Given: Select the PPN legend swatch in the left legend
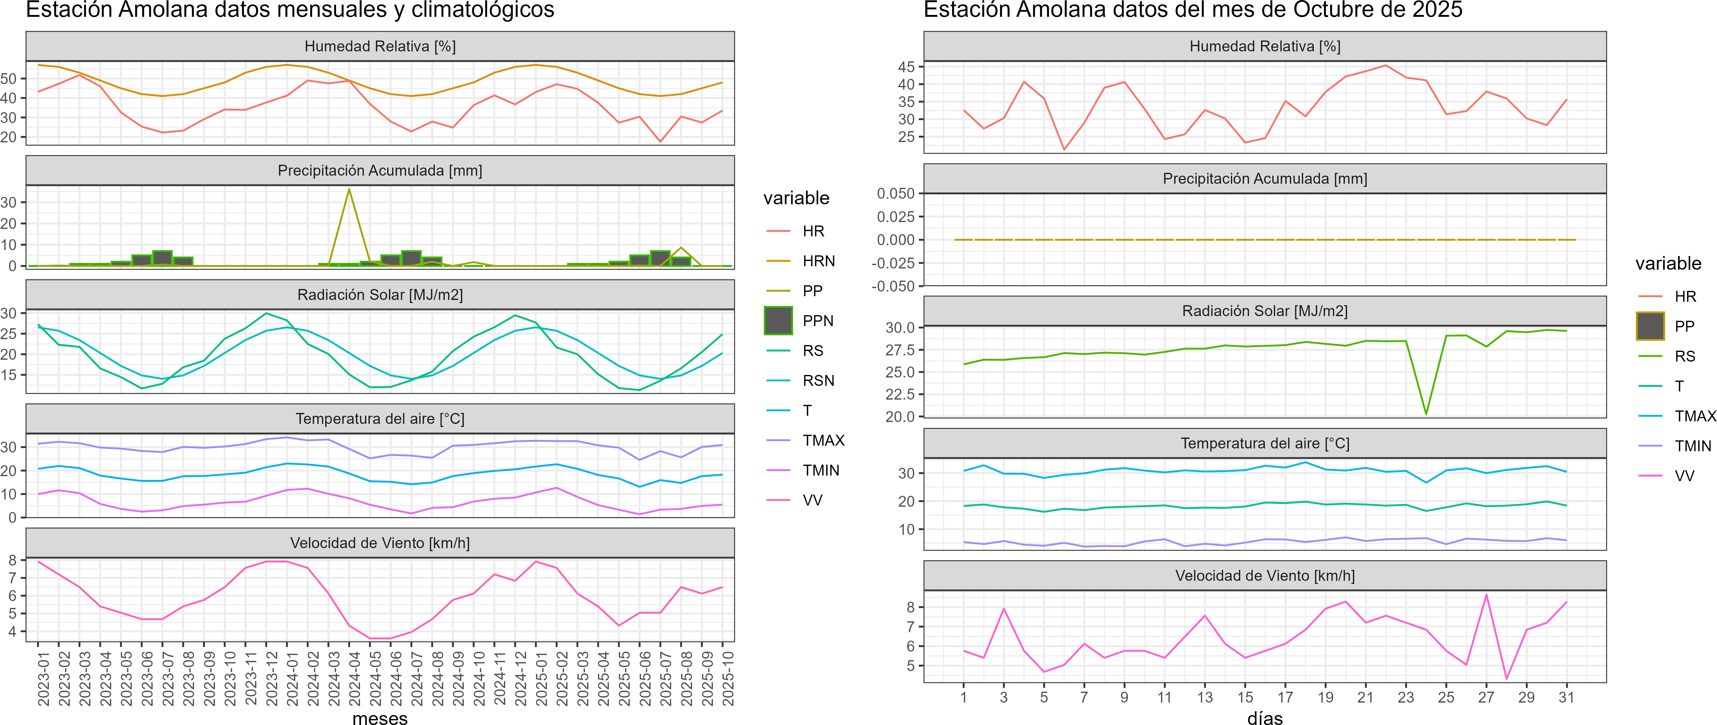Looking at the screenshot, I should pyautogui.click(x=778, y=320).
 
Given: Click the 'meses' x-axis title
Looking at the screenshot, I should pyautogui.click(x=380, y=718).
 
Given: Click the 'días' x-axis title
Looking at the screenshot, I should pyautogui.click(x=1264, y=718).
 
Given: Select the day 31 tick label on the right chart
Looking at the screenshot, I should pyautogui.click(x=1566, y=697).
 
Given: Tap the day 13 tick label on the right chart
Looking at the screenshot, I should pyautogui.click(x=1204, y=697).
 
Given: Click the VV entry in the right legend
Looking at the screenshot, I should pyautogui.click(x=1684, y=476).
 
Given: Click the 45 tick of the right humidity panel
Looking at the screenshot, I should pyautogui.click(x=907, y=67).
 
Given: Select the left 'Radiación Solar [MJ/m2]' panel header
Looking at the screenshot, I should pyautogui.click(x=380, y=295).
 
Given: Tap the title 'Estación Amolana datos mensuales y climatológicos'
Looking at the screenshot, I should pyautogui.click(x=290, y=10).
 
